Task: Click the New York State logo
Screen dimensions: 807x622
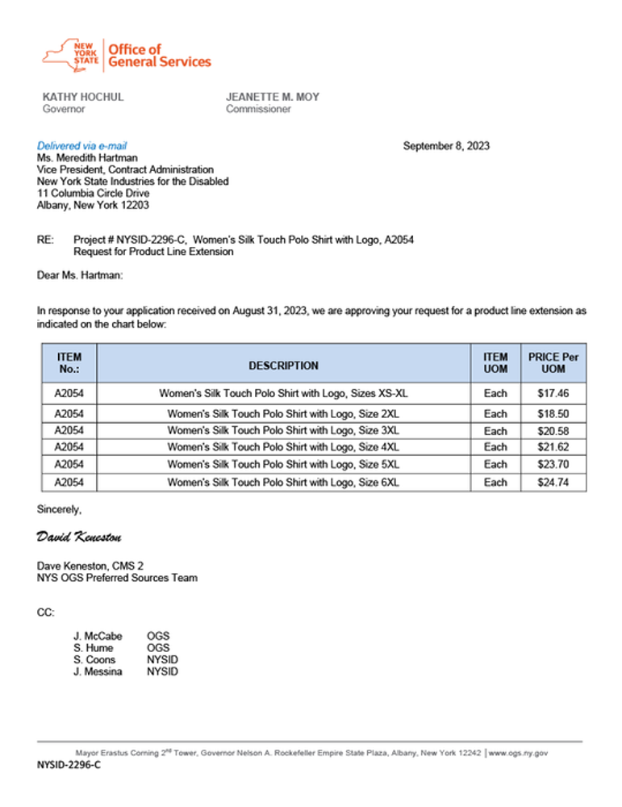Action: point(73,55)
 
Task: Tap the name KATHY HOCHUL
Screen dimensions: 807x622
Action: point(83,97)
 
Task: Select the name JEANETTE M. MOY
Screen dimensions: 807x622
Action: point(273,97)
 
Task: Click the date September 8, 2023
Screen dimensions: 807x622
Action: point(446,146)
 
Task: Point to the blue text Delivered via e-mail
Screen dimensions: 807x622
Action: point(82,146)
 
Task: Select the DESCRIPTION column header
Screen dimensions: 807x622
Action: point(283,366)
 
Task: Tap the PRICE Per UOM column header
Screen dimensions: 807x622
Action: point(553,363)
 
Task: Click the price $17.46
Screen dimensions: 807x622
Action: point(553,393)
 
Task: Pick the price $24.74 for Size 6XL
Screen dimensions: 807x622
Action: point(553,483)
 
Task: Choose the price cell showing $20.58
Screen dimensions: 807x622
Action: point(553,431)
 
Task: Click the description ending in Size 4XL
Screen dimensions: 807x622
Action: point(283,447)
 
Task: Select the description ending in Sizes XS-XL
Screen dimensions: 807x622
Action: point(283,393)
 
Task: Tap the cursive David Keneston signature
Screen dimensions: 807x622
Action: point(79,537)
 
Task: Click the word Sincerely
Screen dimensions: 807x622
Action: point(59,509)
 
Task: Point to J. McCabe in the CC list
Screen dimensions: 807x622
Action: point(98,636)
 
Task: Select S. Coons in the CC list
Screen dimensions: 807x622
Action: point(94,659)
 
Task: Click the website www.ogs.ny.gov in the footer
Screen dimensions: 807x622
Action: point(518,753)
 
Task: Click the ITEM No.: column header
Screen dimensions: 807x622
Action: point(69,363)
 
